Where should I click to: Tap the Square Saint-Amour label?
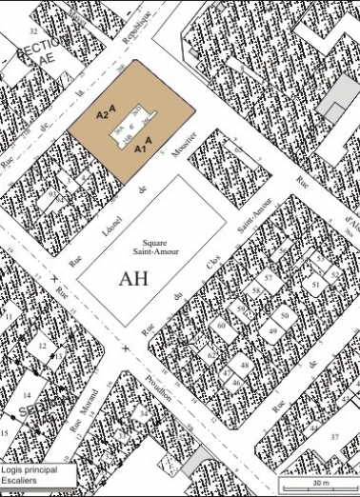149,247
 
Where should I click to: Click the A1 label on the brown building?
140,149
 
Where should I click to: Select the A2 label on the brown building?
103,114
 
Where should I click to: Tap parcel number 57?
269,277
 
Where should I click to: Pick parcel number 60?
221,326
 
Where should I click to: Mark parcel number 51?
315,284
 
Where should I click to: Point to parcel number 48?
245,366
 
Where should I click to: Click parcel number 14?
27,394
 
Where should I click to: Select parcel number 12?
43,346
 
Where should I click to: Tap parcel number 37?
334,436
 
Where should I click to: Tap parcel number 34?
144,415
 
